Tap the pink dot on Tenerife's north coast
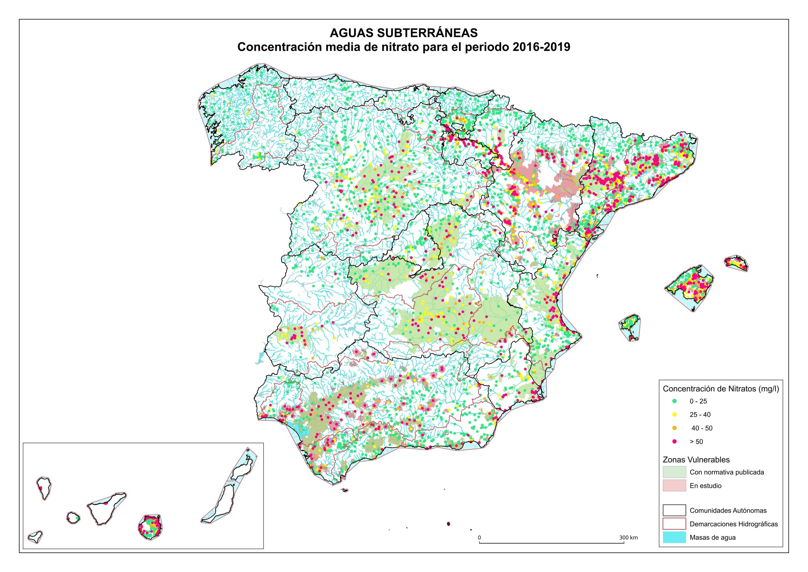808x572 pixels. tap(105, 504)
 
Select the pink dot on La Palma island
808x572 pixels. tap(41, 488)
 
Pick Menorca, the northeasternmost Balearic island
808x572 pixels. tap(736, 263)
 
